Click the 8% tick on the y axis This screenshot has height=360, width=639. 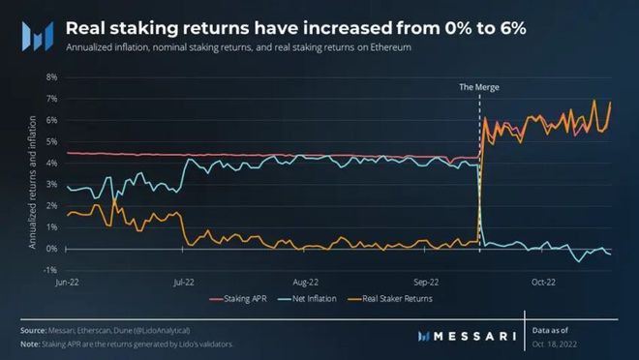51,77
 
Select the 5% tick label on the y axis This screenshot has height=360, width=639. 51,141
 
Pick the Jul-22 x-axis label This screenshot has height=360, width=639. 183,283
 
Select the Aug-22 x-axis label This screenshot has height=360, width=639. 307,283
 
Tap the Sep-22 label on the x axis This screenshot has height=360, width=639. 427,283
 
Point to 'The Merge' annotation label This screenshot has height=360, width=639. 479,87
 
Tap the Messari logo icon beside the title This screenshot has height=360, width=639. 37,35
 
